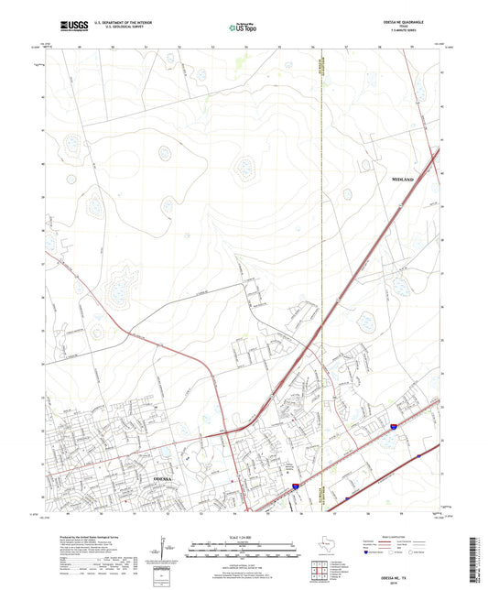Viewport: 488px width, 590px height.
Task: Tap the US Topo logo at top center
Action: [242, 28]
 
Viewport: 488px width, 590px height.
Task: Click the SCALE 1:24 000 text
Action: [243, 536]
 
